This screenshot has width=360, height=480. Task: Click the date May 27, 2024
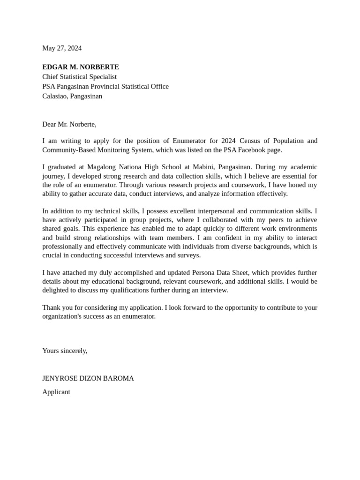click(x=62, y=48)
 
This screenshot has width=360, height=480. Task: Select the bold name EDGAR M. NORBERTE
click(x=81, y=67)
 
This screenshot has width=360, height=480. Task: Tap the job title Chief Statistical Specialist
click(x=79, y=76)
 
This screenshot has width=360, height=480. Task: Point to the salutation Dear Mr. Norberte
click(x=69, y=124)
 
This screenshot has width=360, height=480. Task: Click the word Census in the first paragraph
click(x=251, y=141)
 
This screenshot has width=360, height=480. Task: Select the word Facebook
click(x=248, y=150)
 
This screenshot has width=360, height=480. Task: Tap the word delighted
click(x=57, y=290)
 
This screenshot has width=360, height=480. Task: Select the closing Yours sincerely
click(x=65, y=351)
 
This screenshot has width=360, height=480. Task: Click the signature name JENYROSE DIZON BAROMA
click(x=88, y=378)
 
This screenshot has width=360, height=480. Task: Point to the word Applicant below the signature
click(x=56, y=392)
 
